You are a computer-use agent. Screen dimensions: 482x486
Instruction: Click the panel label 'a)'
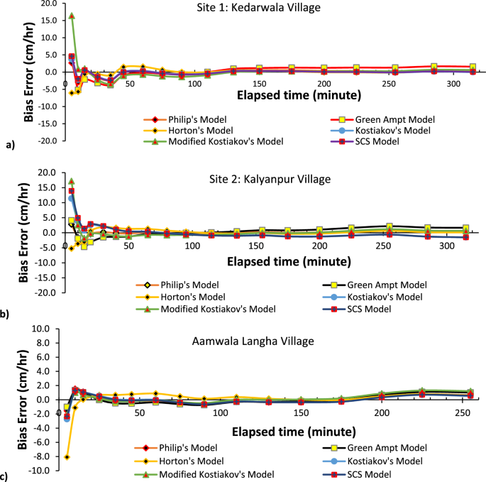coord(9,146)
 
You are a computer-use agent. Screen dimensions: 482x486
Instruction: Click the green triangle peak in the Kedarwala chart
coord(72,16)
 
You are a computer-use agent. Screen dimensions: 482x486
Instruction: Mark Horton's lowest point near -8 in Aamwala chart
coord(67,457)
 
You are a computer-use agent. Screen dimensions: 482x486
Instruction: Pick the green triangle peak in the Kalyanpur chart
coord(71,182)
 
